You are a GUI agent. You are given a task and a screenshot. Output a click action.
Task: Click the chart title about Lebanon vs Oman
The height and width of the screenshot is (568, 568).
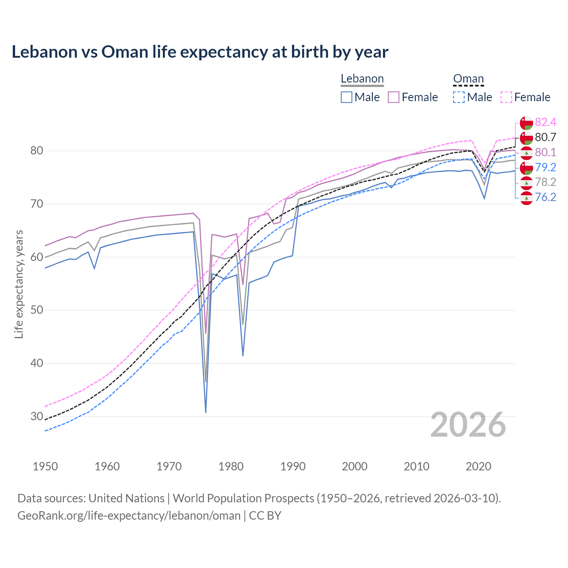(x=200, y=52)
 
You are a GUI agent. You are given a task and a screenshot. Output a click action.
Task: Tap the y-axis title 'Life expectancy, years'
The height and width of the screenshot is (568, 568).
(x=19, y=284)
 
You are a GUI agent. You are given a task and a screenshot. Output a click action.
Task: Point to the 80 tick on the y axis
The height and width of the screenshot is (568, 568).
(x=37, y=151)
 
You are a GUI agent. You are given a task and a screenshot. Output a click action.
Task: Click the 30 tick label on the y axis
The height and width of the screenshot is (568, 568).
(x=37, y=416)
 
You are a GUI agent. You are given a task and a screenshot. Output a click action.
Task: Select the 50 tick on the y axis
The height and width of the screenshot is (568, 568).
(x=37, y=310)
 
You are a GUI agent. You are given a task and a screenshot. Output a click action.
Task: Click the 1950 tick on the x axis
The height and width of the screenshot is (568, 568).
(x=45, y=466)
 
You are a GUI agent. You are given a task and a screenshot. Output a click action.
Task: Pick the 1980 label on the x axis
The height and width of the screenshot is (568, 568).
(x=231, y=466)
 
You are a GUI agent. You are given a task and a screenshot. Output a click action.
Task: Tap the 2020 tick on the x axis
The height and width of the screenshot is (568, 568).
(x=478, y=466)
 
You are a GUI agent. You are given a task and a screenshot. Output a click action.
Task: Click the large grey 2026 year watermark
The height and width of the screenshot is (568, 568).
(x=468, y=425)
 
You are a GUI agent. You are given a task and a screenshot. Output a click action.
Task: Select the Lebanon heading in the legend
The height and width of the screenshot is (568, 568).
(x=362, y=79)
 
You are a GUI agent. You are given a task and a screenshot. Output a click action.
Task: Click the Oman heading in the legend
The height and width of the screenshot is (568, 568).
(x=468, y=79)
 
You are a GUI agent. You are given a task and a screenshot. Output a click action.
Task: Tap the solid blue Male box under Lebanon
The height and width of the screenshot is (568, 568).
(x=347, y=97)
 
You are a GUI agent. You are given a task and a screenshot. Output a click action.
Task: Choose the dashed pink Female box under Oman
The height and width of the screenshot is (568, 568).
(x=506, y=97)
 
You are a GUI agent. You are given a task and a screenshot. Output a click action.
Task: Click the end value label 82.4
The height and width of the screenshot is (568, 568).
(x=545, y=122)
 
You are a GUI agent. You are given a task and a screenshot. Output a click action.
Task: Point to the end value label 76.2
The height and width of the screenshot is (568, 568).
(x=545, y=197)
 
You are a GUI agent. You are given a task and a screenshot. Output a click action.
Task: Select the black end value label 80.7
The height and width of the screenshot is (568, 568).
(x=545, y=138)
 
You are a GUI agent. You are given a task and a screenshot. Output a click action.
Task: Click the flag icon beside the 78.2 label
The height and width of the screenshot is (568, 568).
(x=526, y=182)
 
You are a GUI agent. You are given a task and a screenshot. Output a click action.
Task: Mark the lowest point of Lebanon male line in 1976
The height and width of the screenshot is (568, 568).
(x=206, y=412)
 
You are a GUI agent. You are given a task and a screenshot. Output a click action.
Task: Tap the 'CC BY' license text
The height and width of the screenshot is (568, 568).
(x=265, y=516)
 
